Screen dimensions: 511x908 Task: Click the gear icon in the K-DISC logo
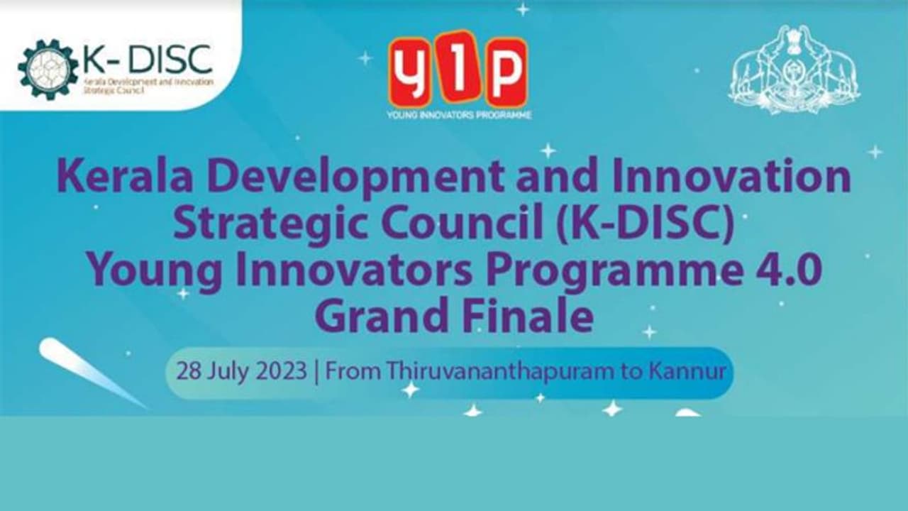pyautogui.click(x=48, y=69)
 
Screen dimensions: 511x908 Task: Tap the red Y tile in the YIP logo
pyautogui.click(x=409, y=70)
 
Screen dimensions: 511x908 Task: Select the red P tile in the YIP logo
pyautogui.click(x=506, y=70)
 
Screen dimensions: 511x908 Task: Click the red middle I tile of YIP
pyautogui.click(x=458, y=68)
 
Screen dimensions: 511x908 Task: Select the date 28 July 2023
pyautogui.click(x=241, y=372)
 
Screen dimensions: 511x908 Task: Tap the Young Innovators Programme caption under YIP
pyautogui.click(x=458, y=114)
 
